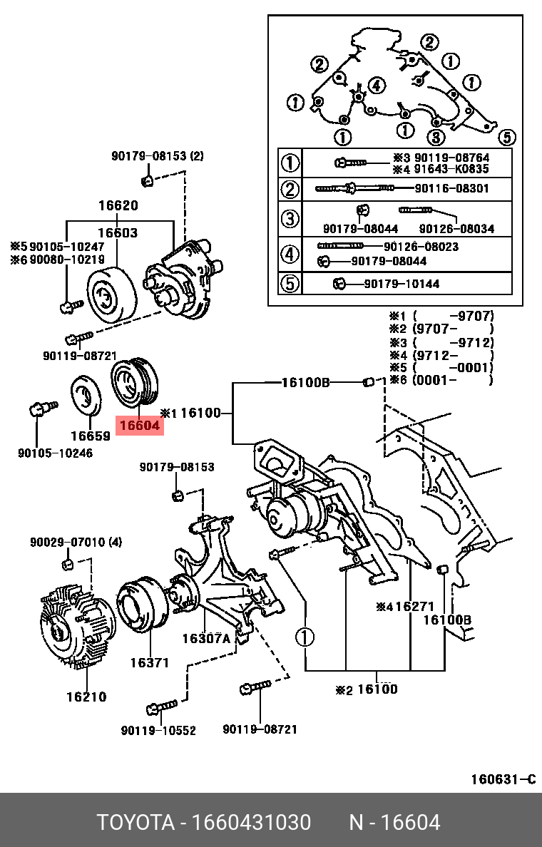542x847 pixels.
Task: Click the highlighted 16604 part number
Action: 141,426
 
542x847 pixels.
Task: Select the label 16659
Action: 90,435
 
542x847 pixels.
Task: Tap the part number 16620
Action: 118,206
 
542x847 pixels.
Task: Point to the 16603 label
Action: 118,232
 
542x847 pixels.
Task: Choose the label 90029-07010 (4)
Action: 76,543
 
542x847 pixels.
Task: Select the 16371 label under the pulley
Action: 149,662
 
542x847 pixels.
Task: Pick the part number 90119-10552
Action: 158,730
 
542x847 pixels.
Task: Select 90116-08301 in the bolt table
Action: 452,189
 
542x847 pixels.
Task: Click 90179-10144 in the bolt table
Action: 402,284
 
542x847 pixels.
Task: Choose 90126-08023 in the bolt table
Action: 421,247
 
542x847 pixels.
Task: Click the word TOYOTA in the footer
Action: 135,823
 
